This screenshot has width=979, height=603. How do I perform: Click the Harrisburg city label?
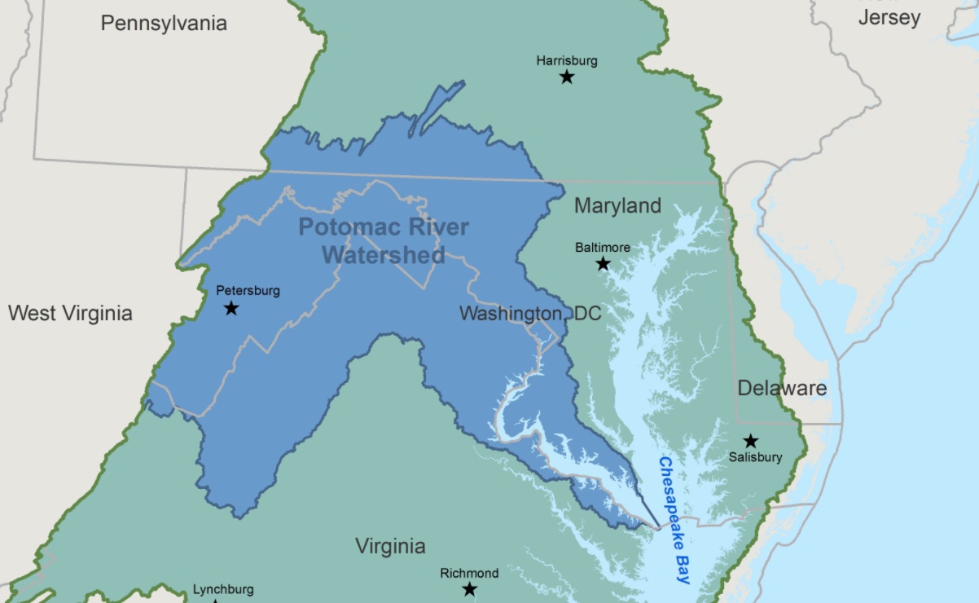[x=567, y=60]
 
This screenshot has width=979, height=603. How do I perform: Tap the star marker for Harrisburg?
[x=567, y=77]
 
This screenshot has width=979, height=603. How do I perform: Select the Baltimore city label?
[x=603, y=247]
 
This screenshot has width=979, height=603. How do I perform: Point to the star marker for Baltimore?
[x=603, y=263]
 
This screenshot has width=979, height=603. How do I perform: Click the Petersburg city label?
[x=248, y=290]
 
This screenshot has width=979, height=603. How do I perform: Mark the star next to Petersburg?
[x=231, y=308]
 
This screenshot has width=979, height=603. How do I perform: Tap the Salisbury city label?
[x=755, y=457]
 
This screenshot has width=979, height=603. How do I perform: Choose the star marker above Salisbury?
[x=751, y=441]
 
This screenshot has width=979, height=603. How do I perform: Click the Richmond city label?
[x=469, y=573]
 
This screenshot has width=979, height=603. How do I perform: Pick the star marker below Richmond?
[x=470, y=589]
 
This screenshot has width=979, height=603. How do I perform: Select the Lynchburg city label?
[x=223, y=589]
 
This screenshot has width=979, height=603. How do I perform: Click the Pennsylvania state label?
[x=164, y=23]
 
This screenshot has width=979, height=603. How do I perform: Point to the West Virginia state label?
[x=70, y=313]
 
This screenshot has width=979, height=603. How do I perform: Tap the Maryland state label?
[x=617, y=205]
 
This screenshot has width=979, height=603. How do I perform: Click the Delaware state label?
[x=782, y=388]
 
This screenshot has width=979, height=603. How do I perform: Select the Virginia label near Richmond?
[x=390, y=546]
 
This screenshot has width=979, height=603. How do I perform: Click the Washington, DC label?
[x=530, y=313]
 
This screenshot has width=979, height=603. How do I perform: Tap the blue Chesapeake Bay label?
[x=674, y=520]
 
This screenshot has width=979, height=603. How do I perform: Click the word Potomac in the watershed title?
[x=339, y=227]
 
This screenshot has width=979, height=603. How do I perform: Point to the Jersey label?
[x=889, y=17]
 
